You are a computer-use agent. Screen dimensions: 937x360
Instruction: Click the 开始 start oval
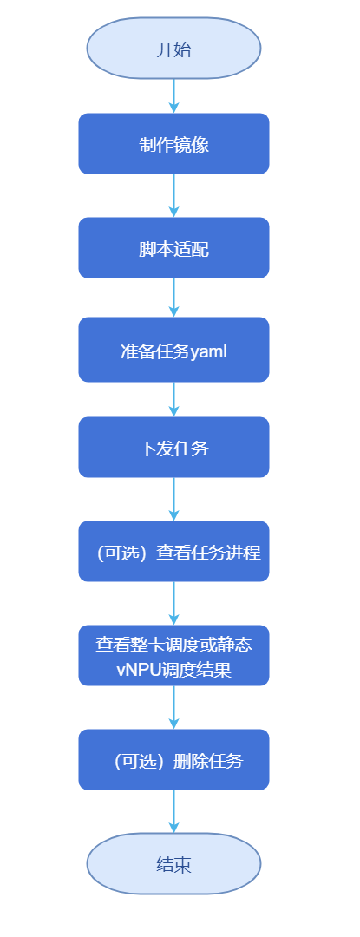pyautogui.click(x=173, y=49)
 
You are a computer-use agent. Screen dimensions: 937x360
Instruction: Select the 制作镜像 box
pyautogui.click(x=173, y=144)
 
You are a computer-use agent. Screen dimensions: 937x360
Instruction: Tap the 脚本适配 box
pyautogui.click(x=173, y=248)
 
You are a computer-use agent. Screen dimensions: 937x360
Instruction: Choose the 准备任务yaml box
pyautogui.click(x=173, y=350)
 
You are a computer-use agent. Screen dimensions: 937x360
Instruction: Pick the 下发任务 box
pyautogui.click(x=173, y=448)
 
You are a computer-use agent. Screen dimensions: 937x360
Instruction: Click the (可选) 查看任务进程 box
pyautogui.click(x=173, y=552)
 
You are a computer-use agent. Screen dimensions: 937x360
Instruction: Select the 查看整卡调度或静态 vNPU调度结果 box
pyautogui.click(x=173, y=656)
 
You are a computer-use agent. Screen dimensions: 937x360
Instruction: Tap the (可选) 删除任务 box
pyautogui.click(x=173, y=760)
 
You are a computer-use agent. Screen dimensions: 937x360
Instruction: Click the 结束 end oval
pyautogui.click(x=173, y=863)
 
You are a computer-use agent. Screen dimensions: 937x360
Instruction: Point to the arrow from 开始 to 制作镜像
pyautogui.click(x=173, y=95)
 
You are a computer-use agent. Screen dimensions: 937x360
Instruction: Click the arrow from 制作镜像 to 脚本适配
pyautogui.click(x=173, y=195)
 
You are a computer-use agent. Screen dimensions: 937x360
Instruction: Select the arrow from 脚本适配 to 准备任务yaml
pyautogui.click(x=173, y=298)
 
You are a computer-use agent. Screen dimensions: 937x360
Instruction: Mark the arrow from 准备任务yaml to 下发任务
pyautogui.click(x=173, y=399)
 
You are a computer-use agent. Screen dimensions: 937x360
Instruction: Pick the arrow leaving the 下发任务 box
pyautogui.click(x=173, y=499)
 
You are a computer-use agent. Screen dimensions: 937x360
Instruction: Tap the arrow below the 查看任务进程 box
pyautogui.click(x=173, y=603)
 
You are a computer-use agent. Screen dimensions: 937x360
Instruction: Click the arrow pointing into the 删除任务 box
pyautogui.click(x=173, y=707)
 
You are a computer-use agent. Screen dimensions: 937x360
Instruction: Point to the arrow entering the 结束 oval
pyautogui.click(x=173, y=811)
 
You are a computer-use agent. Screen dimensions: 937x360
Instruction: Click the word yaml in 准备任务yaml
pyautogui.click(x=208, y=351)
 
